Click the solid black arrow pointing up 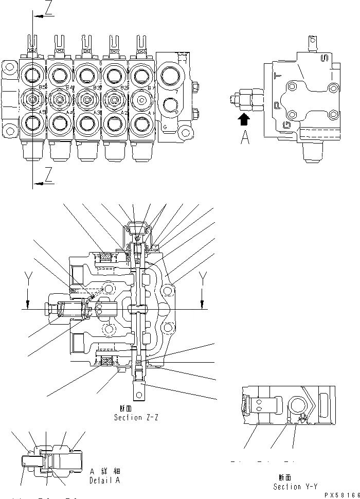click(245, 119)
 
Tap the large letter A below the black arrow click(245, 138)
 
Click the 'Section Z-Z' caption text click(136, 418)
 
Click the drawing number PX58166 click(341, 493)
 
